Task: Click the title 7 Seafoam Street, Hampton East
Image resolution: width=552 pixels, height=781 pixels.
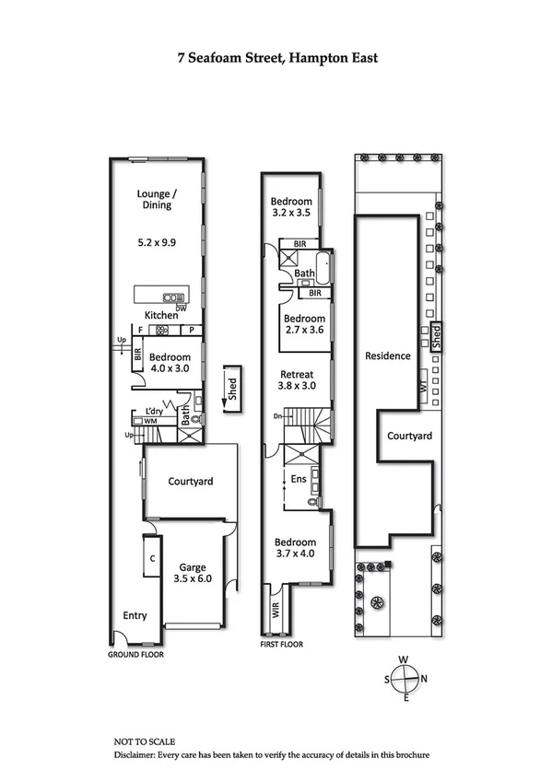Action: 277,57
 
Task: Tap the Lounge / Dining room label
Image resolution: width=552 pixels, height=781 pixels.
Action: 156,199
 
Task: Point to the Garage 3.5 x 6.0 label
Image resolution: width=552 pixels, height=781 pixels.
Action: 192,574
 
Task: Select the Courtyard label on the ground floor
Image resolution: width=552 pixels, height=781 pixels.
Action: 191,481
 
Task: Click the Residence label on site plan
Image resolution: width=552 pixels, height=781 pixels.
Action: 387,356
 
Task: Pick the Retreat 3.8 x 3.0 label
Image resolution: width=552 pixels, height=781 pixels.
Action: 297,380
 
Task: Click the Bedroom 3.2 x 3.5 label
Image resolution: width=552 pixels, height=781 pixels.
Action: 291,208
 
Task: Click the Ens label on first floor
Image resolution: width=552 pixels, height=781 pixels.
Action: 297,479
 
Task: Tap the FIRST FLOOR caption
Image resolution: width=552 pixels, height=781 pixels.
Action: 281,645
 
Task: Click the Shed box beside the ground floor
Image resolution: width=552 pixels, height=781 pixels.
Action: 231,386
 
